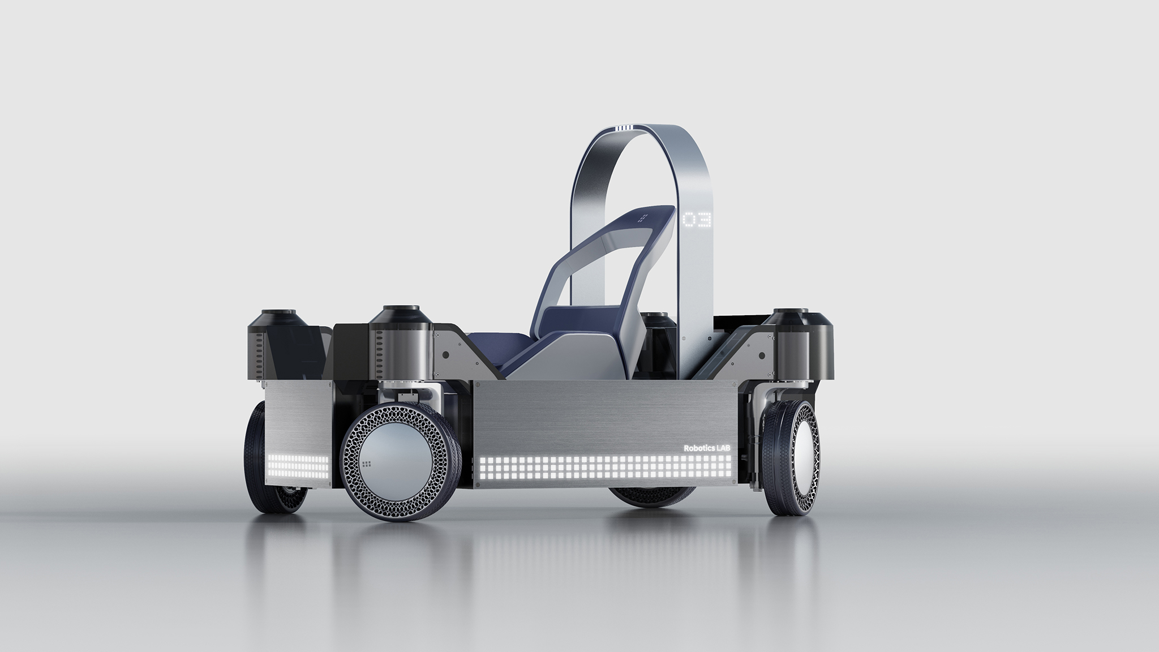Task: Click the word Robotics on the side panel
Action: [x=698, y=447]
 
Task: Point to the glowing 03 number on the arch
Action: [x=697, y=220]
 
